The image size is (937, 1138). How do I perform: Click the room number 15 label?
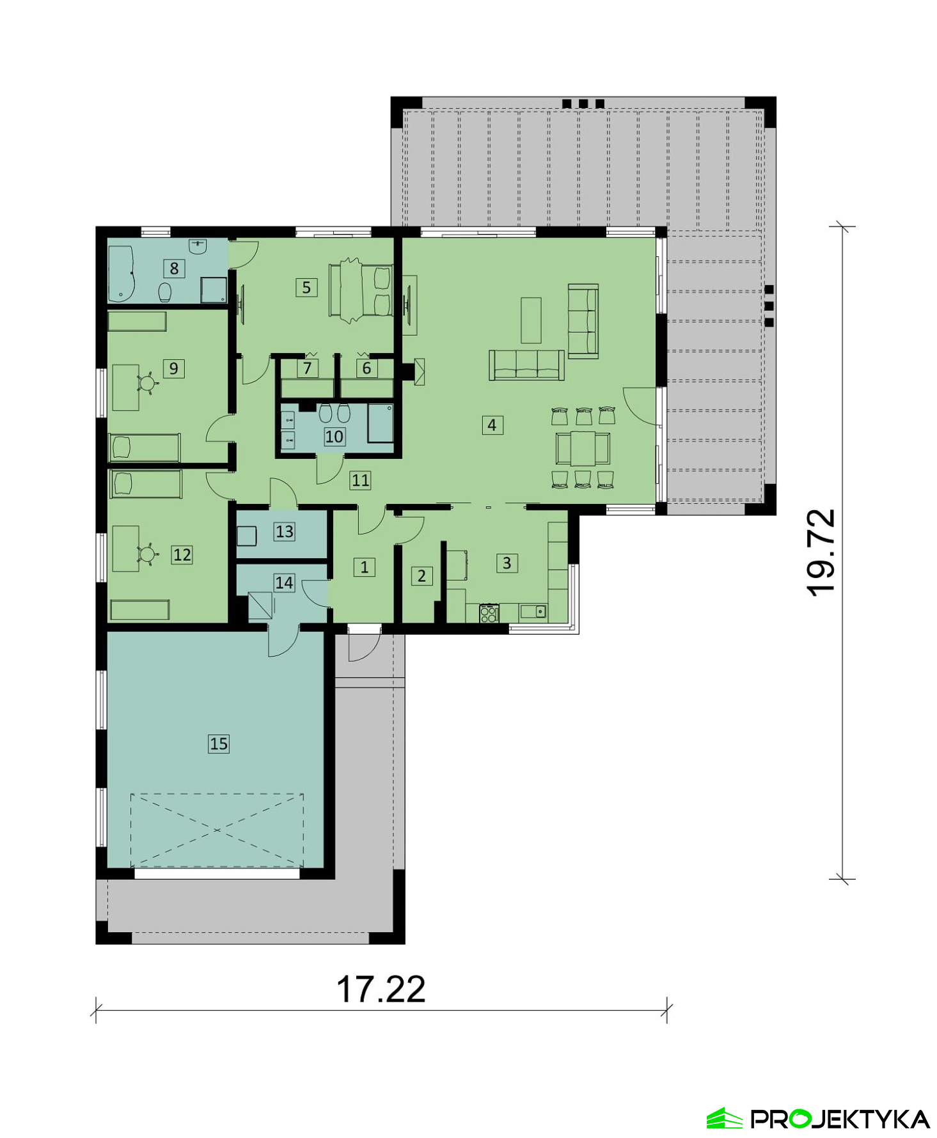219,744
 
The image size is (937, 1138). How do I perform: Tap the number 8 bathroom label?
174,269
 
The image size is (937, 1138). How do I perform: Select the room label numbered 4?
492,425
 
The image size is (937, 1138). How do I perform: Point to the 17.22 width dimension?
381,989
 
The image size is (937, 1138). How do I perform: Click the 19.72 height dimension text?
821,552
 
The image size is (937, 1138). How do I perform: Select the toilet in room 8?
165,292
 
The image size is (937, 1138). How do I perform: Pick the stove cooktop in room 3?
489,613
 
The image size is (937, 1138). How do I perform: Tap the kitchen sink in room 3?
533,612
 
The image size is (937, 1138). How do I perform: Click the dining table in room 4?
583,448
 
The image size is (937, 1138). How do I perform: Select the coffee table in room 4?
531,320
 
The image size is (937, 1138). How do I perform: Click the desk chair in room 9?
148,383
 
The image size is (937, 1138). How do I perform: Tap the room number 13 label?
285,531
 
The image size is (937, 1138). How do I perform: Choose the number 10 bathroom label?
335,437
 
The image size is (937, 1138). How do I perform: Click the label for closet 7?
308,368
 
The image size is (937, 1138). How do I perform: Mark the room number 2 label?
421,576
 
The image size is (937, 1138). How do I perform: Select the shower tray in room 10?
381,423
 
